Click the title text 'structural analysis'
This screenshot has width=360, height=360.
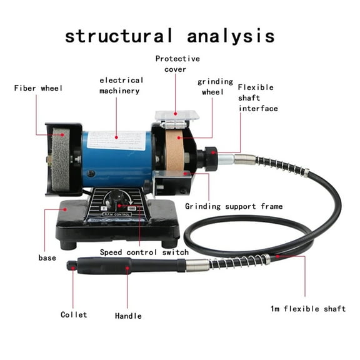click(x=169, y=35)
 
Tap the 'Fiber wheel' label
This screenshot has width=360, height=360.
click(x=39, y=88)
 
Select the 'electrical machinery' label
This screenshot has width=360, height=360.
click(x=121, y=86)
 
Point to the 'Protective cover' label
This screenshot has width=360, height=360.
click(x=177, y=64)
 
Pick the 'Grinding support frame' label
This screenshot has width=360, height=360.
click(x=234, y=206)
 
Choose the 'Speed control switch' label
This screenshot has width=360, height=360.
click(x=144, y=252)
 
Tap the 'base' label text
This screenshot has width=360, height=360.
click(x=47, y=257)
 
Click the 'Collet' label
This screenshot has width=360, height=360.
click(x=73, y=314)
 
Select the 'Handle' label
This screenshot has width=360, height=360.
click(x=128, y=316)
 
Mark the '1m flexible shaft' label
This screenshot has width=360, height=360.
click(x=304, y=309)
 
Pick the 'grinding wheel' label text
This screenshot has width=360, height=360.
click(x=215, y=87)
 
